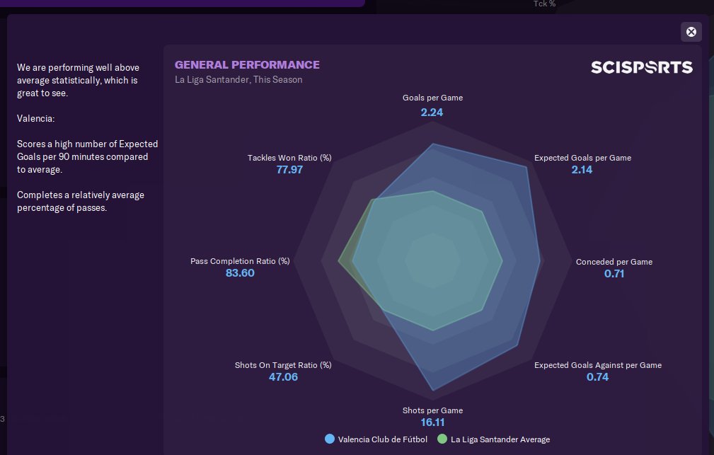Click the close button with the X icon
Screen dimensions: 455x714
691,32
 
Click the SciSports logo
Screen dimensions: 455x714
642,67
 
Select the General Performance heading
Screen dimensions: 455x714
247,65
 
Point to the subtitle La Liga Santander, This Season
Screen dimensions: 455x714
238,80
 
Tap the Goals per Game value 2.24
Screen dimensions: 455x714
432,112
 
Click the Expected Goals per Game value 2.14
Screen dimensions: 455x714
582,170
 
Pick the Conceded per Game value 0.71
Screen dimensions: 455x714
614,274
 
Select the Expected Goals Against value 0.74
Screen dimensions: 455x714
597,377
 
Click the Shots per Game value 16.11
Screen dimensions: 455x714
432,422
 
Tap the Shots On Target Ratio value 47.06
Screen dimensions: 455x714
283,377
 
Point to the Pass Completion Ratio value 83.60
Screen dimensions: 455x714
240,273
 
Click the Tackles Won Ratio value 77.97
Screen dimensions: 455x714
289,170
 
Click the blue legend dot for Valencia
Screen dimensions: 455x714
330,439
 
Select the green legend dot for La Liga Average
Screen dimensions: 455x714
442,439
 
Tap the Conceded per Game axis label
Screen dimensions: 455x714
614,262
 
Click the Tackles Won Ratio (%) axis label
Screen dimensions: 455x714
289,158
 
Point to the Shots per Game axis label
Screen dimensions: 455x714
432,410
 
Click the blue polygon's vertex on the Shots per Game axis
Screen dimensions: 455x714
432,391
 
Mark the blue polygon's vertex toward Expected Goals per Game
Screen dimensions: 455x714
526,168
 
